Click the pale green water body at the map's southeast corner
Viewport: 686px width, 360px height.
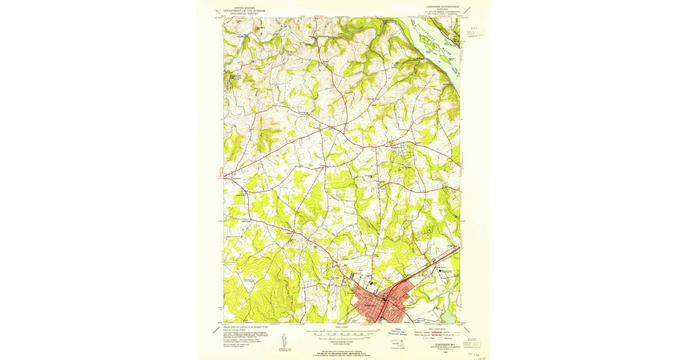tap(449, 314)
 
